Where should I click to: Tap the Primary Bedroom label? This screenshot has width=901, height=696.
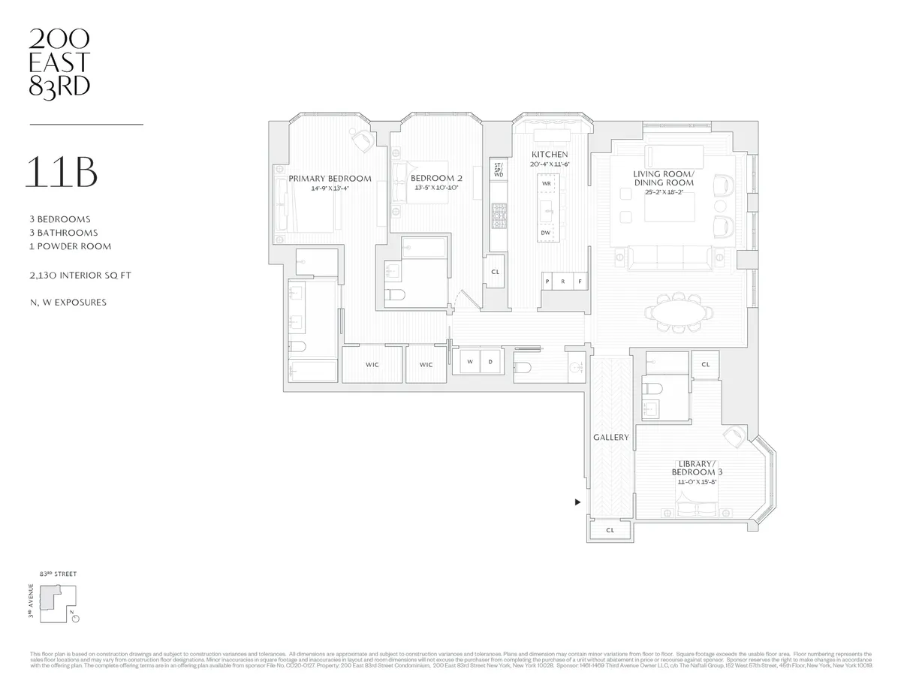pyautogui.click(x=330, y=179)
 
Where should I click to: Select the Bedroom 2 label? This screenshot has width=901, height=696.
pyautogui.click(x=436, y=179)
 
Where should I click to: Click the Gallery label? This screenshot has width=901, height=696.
pyautogui.click(x=610, y=437)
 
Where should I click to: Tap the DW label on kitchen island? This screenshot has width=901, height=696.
pyautogui.click(x=546, y=233)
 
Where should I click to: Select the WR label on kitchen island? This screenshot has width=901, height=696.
pyautogui.click(x=546, y=183)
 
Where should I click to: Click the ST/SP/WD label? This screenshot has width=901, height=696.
pyautogui.click(x=498, y=169)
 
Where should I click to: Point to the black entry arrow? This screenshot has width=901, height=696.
pyautogui.click(x=577, y=502)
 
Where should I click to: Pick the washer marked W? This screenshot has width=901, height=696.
pyautogui.click(x=470, y=362)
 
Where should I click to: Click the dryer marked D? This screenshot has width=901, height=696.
pyautogui.click(x=490, y=362)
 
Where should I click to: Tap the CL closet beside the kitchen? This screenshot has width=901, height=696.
pyautogui.click(x=495, y=273)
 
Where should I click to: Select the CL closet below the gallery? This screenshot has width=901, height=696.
pyautogui.click(x=610, y=530)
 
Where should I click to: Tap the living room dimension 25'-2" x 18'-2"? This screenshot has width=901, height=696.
pyautogui.click(x=663, y=192)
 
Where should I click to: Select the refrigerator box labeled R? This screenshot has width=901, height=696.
pyautogui.click(x=563, y=282)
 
